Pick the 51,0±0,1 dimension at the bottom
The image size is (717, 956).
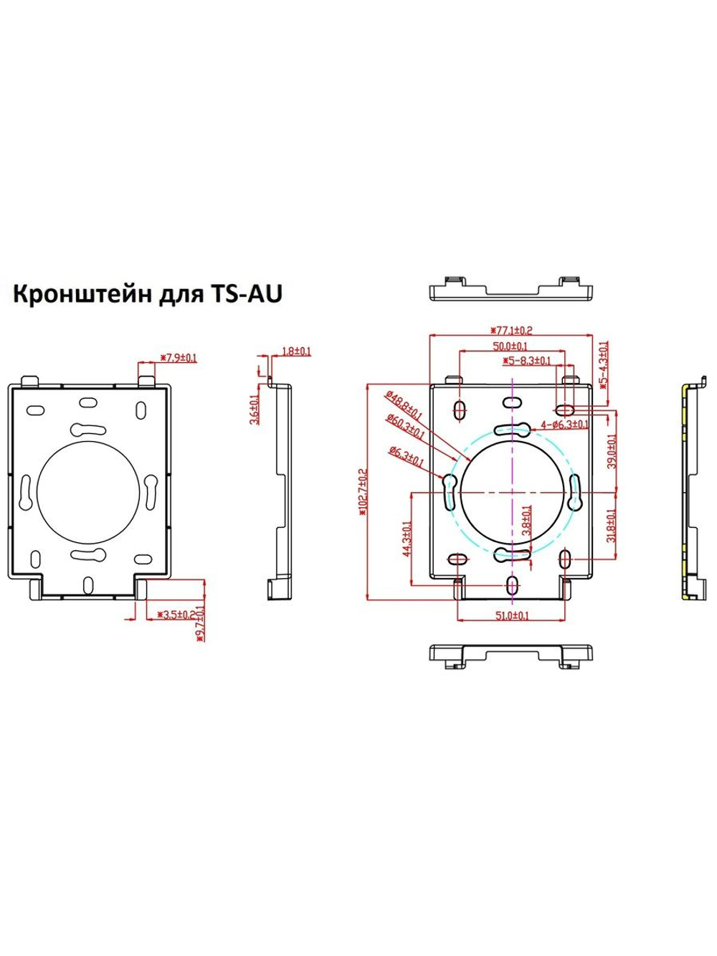pyautogui.click(x=512, y=615)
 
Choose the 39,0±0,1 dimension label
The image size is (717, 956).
pyautogui.click(x=612, y=450)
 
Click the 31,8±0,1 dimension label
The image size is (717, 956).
pyautogui.click(x=612, y=527)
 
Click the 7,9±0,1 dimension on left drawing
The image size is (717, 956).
pyautogui.click(x=178, y=356)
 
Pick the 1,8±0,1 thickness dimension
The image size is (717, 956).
pyautogui.click(x=296, y=351)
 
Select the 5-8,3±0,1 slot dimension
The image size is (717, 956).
pyautogui.click(x=526, y=361)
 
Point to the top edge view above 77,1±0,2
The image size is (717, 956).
pyautogui.click(x=512, y=288)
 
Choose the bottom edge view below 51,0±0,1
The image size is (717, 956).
pyautogui.click(x=512, y=655)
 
